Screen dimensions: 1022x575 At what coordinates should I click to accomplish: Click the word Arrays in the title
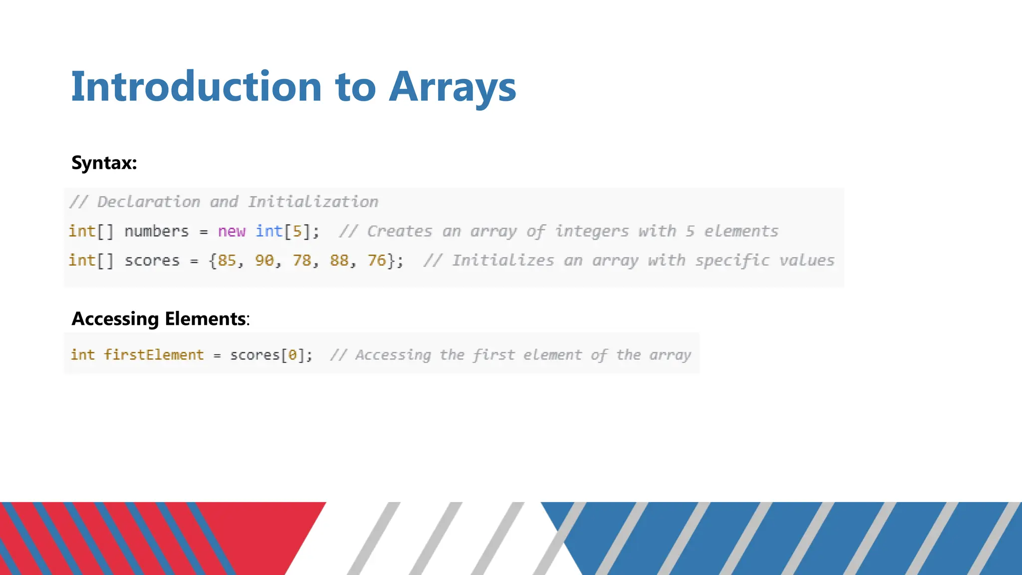point(452,88)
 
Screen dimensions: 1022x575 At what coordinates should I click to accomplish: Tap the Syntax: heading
point(104,163)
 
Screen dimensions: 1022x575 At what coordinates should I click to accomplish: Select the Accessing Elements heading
point(159,318)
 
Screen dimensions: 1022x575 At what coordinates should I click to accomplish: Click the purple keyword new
point(232,231)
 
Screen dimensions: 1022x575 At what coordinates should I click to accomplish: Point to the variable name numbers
point(157,231)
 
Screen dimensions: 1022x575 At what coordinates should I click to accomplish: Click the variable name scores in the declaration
point(152,261)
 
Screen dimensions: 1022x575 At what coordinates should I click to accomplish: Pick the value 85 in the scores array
point(227,261)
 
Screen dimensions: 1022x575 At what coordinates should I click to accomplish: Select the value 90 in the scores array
point(264,261)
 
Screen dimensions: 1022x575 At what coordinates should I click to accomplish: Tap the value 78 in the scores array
point(302,261)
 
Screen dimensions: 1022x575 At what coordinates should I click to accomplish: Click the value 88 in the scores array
point(339,261)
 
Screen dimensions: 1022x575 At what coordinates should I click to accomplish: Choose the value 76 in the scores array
point(377,261)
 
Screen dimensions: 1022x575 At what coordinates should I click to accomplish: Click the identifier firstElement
point(154,355)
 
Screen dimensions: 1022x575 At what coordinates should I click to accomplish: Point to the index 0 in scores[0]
point(293,355)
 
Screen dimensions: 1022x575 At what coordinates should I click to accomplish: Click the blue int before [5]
point(269,231)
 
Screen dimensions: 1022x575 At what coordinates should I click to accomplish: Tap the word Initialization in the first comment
point(313,202)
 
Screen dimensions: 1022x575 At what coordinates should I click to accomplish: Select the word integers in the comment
point(592,231)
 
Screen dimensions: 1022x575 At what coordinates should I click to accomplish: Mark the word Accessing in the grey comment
point(393,355)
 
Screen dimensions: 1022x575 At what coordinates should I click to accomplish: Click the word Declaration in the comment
point(148,202)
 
